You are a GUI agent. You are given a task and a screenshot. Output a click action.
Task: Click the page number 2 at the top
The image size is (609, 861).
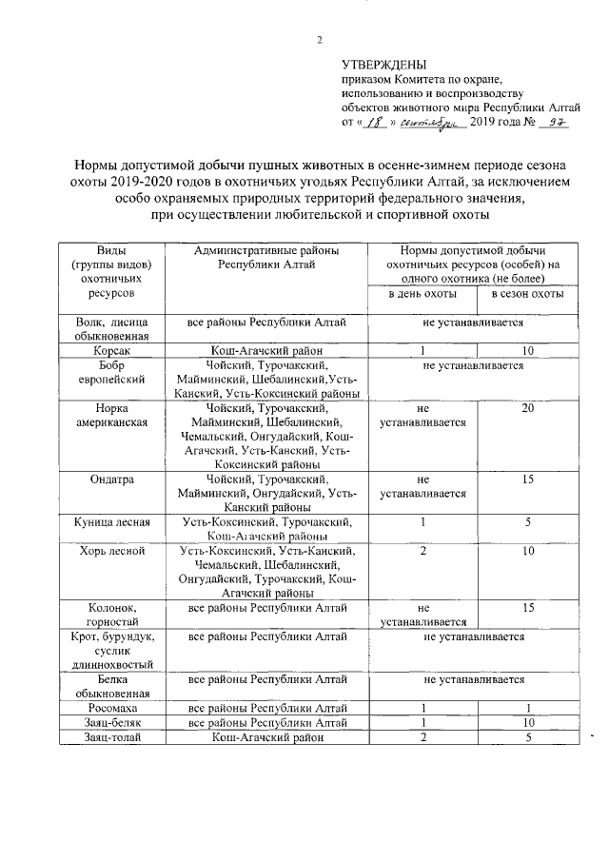pyautogui.click(x=319, y=40)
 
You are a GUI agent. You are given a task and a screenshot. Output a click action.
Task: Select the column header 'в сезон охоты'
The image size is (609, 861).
pyautogui.click(x=527, y=295)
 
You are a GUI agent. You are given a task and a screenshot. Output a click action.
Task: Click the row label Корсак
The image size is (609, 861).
pyautogui.click(x=112, y=350)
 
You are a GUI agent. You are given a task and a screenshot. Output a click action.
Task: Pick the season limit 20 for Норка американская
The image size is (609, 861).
pyautogui.click(x=527, y=408)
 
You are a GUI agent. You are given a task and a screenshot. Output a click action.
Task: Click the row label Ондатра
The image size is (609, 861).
pyautogui.click(x=112, y=479)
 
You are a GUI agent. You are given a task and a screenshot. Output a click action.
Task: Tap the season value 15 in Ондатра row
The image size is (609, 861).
pyautogui.click(x=527, y=479)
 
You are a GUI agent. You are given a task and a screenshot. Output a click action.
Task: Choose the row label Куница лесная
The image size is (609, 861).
pyautogui.click(x=112, y=522)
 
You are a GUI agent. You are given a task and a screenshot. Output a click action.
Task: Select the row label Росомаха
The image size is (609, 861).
pyautogui.click(x=112, y=709)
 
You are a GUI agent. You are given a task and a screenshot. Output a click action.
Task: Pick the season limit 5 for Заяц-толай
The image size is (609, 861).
pyautogui.click(x=527, y=737)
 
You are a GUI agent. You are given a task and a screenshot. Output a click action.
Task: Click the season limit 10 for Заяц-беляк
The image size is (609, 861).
pyautogui.click(x=527, y=723)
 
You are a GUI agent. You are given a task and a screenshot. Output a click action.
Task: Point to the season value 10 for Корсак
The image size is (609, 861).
pyautogui.click(x=527, y=350)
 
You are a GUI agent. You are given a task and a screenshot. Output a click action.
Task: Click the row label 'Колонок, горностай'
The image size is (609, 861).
pyautogui.click(x=112, y=615)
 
